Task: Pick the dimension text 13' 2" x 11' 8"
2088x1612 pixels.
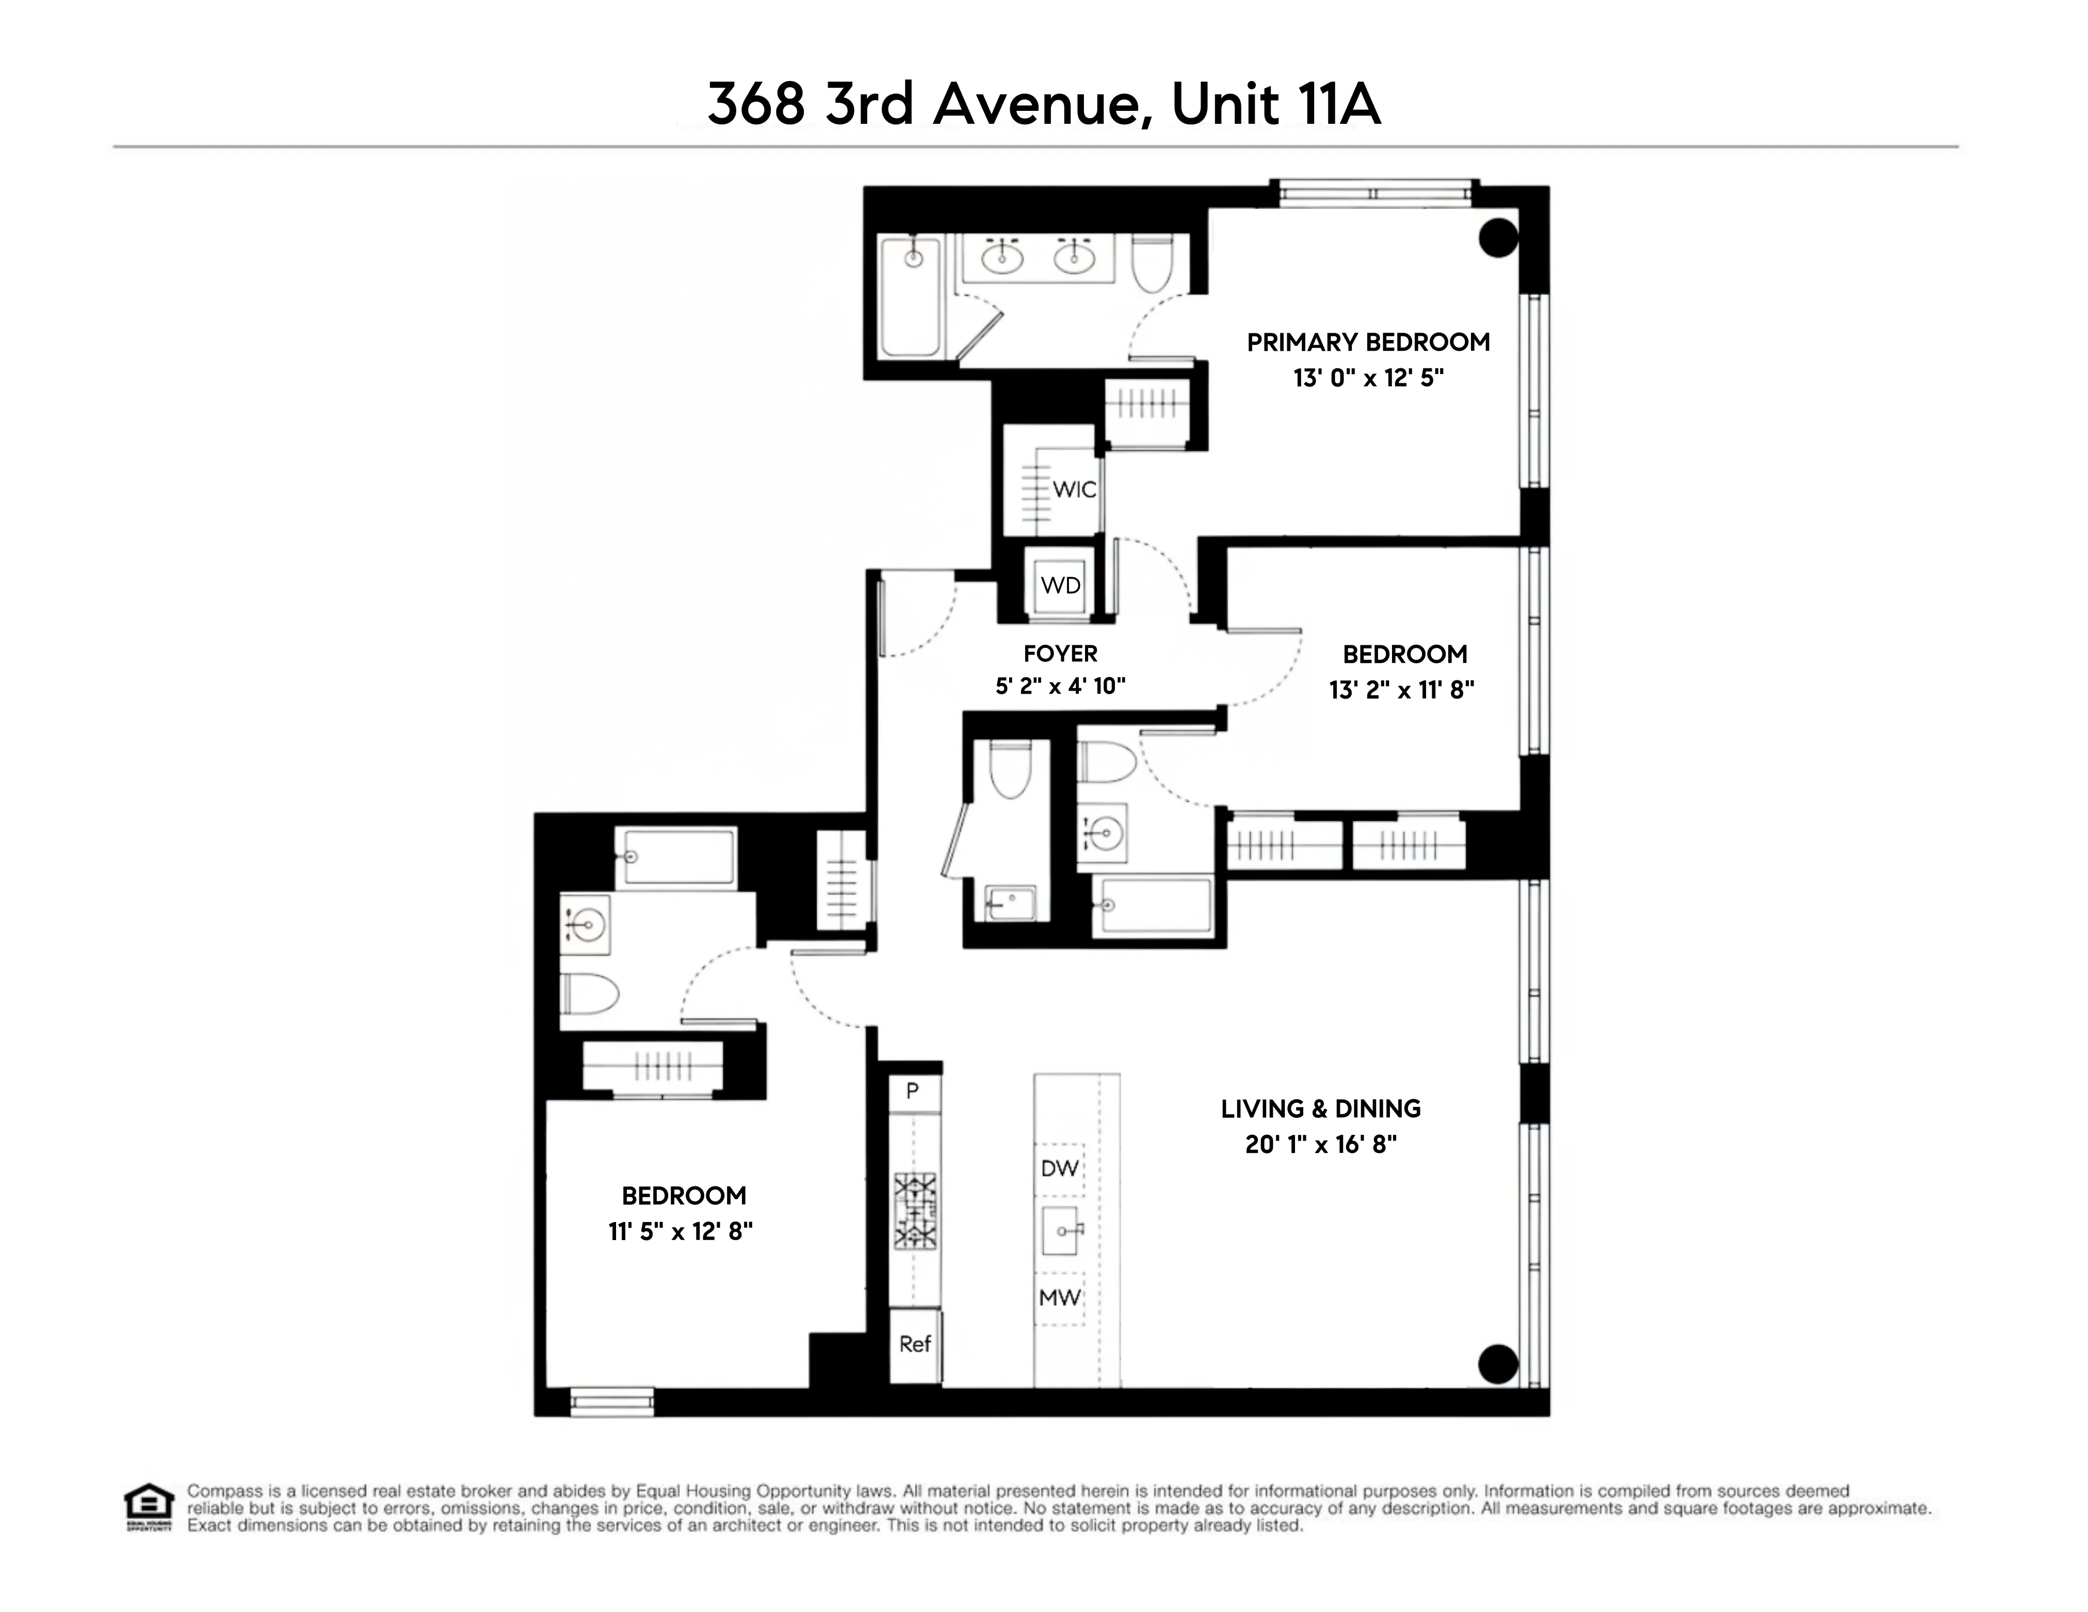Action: click(1402, 689)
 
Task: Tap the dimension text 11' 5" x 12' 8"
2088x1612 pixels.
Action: click(681, 1231)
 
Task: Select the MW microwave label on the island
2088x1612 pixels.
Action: click(1059, 1297)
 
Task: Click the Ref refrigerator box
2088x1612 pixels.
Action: click(915, 1344)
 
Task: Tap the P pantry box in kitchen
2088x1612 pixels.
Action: click(913, 1091)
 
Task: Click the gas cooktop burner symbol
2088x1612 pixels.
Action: click(915, 1211)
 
